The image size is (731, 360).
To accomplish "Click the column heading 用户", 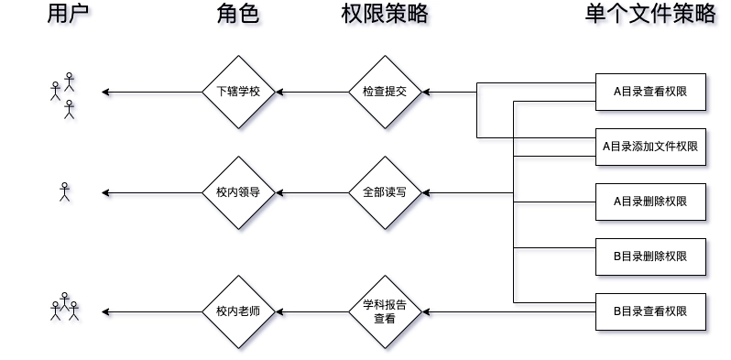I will (70, 16).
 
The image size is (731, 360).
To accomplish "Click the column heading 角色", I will (238, 16).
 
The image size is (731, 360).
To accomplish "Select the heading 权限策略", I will (384, 16).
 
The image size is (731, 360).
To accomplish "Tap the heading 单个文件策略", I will (650, 16).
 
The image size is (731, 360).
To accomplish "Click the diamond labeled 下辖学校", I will (238, 92).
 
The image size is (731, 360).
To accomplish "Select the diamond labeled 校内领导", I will (238, 192).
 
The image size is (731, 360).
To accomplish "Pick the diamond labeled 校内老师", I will (238, 311).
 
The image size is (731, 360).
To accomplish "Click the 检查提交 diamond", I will (385, 92).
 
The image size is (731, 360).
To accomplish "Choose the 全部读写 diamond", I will (385, 192).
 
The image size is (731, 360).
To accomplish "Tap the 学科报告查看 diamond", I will (385, 311).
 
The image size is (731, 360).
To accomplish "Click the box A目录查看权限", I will (650, 92).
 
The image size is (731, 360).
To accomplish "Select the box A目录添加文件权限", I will (650, 147).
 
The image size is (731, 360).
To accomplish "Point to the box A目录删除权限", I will (650, 202).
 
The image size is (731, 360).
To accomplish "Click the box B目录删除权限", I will (650, 256).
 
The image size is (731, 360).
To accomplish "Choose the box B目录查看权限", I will (650, 311).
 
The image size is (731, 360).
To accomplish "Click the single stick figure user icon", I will (64, 191).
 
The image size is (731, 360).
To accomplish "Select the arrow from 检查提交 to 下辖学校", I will (311, 92).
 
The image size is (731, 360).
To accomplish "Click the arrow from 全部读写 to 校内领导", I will (311, 192).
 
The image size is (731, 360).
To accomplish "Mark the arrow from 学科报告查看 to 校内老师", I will (311, 311).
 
